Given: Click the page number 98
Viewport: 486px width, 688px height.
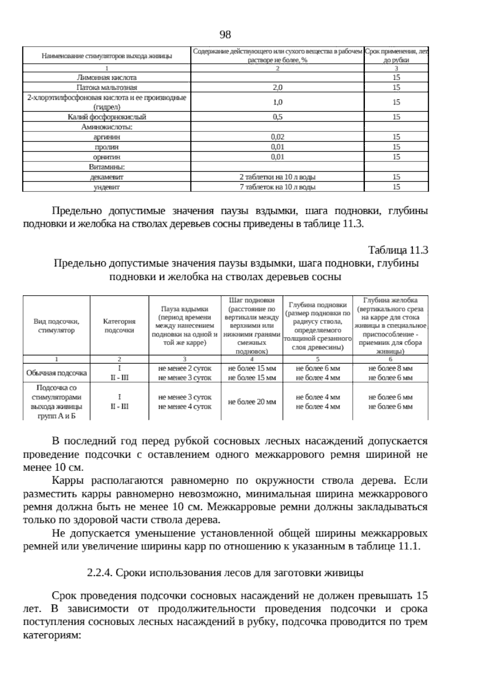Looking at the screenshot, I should (225, 35).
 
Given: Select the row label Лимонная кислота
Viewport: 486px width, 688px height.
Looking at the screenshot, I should (107, 77).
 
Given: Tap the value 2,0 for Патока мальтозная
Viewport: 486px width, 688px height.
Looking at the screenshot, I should (277, 88).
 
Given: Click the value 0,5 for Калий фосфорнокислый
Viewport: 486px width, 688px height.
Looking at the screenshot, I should (277, 117).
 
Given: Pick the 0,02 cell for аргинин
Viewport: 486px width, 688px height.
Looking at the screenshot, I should (277, 137).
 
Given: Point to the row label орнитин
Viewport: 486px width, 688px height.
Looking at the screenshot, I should (107, 157).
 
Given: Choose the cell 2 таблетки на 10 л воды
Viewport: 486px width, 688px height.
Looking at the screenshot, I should (277, 177).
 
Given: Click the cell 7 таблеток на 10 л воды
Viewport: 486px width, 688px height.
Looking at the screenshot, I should (277, 187).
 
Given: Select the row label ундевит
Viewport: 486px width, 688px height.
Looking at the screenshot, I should (107, 187).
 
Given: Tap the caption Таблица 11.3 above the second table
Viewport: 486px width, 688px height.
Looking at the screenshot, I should (398, 250).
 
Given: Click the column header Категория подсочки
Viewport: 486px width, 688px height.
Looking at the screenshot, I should (119, 326).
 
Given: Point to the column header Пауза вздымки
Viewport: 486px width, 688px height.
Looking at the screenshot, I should (185, 309).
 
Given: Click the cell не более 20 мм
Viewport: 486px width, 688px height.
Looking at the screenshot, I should (252, 402).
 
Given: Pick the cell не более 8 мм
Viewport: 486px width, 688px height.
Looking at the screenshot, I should (390, 368).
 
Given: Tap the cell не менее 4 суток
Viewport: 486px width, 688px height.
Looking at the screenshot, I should (185, 406).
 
